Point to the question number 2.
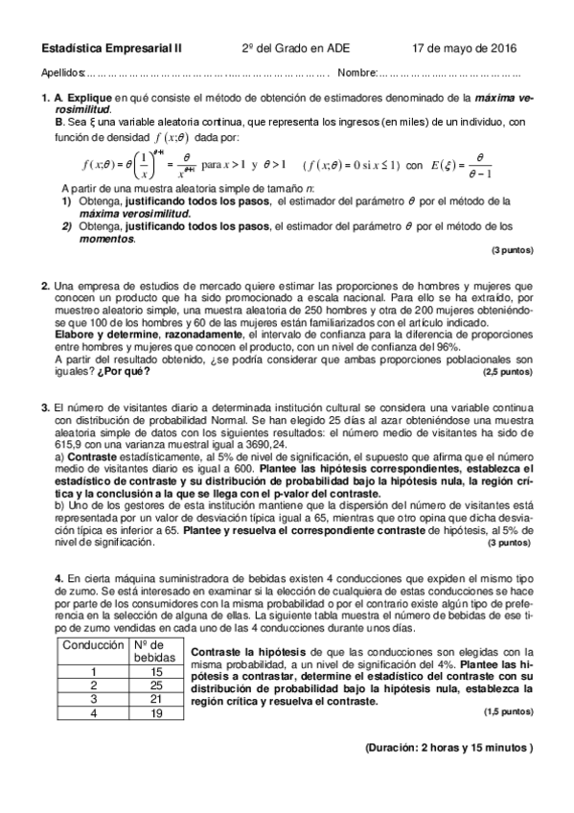click(x=45, y=286)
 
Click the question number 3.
click(x=45, y=407)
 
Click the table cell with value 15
click(x=156, y=672)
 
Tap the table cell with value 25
click(x=156, y=685)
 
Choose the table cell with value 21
click(x=156, y=700)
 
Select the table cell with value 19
click(x=156, y=713)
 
